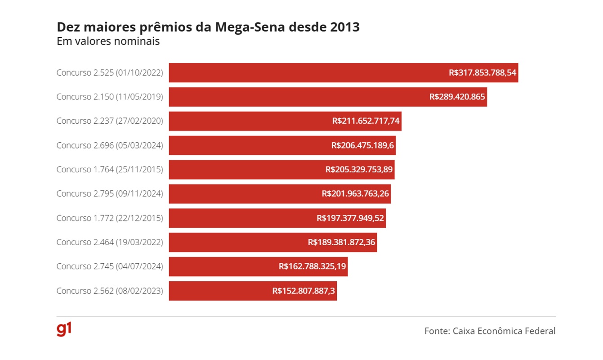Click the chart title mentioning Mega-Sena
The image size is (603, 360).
[208, 27]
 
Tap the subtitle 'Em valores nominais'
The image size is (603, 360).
[108, 41]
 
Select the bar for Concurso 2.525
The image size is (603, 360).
[306, 72]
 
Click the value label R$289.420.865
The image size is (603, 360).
[457, 97]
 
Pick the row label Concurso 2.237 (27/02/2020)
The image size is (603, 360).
[110, 121]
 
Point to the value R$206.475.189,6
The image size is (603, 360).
[362, 145]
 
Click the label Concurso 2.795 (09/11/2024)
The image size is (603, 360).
[110, 193]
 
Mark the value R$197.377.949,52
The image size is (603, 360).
[350, 218]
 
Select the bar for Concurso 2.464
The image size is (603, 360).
[234, 242]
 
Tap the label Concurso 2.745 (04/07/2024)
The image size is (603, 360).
[110, 266]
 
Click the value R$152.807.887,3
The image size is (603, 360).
[304, 291]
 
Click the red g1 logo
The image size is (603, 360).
[64, 329]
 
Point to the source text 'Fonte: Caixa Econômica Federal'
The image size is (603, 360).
[490, 331]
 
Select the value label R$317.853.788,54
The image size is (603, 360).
[482, 72]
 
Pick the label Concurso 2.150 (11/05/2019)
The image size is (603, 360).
[110, 97]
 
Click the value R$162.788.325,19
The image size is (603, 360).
[312, 266]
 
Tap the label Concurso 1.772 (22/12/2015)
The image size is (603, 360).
[110, 218]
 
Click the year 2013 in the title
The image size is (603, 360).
[344, 27]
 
